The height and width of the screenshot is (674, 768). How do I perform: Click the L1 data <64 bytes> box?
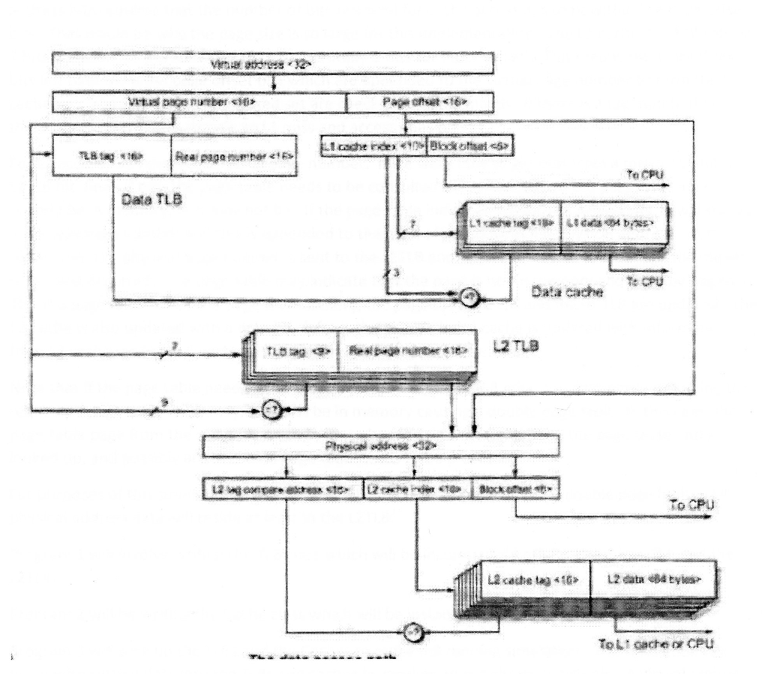click(x=611, y=223)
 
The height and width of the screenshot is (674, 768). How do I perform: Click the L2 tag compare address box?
click(x=283, y=489)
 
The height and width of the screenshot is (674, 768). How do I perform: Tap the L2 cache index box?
click(x=416, y=489)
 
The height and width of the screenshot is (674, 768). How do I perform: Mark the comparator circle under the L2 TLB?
click(x=274, y=410)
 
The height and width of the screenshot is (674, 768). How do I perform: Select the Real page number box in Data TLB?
click(x=233, y=157)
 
